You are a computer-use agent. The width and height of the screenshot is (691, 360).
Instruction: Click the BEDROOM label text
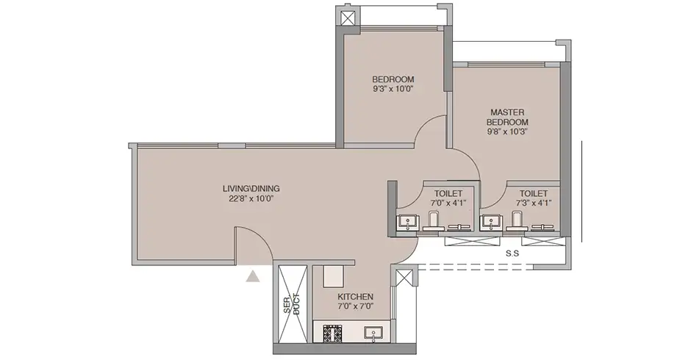click(x=393, y=79)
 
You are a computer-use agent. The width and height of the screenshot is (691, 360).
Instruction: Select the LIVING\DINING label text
click(x=251, y=188)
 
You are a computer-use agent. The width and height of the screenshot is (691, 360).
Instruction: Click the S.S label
click(x=514, y=254)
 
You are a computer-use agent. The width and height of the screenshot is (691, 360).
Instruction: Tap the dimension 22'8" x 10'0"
click(x=251, y=198)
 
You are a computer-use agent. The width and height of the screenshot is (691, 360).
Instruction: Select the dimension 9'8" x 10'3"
click(x=508, y=132)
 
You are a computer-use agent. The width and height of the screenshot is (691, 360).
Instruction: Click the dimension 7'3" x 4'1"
click(x=534, y=203)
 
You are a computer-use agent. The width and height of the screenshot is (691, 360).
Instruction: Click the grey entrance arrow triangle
click(x=253, y=276)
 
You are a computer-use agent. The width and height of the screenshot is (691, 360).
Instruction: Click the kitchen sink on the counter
click(x=373, y=334)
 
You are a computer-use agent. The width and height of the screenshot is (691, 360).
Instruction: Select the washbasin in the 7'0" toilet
click(x=406, y=220)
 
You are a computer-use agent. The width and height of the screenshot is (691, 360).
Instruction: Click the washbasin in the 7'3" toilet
click(x=490, y=220)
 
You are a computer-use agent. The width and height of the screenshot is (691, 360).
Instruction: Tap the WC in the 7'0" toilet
click(x=433, y=220)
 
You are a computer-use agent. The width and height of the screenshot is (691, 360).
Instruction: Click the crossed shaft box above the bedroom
click(x=348, y=18)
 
